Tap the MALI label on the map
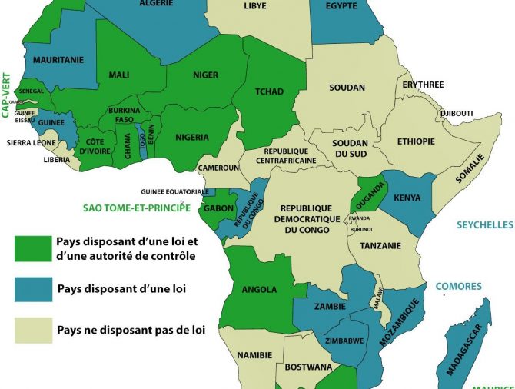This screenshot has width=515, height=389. click(119, 75)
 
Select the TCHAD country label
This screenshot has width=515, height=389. click(268, 92)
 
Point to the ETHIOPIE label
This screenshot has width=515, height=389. click(416, 141)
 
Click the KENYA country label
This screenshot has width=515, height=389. click(407, 198)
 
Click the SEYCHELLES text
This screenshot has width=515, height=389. click(484, 224)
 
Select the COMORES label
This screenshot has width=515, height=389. click(458, 286)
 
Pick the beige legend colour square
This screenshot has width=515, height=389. click(33, 330)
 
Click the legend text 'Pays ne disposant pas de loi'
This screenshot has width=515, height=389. click(131, 331)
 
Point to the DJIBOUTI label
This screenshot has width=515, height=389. click(457, 114)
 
